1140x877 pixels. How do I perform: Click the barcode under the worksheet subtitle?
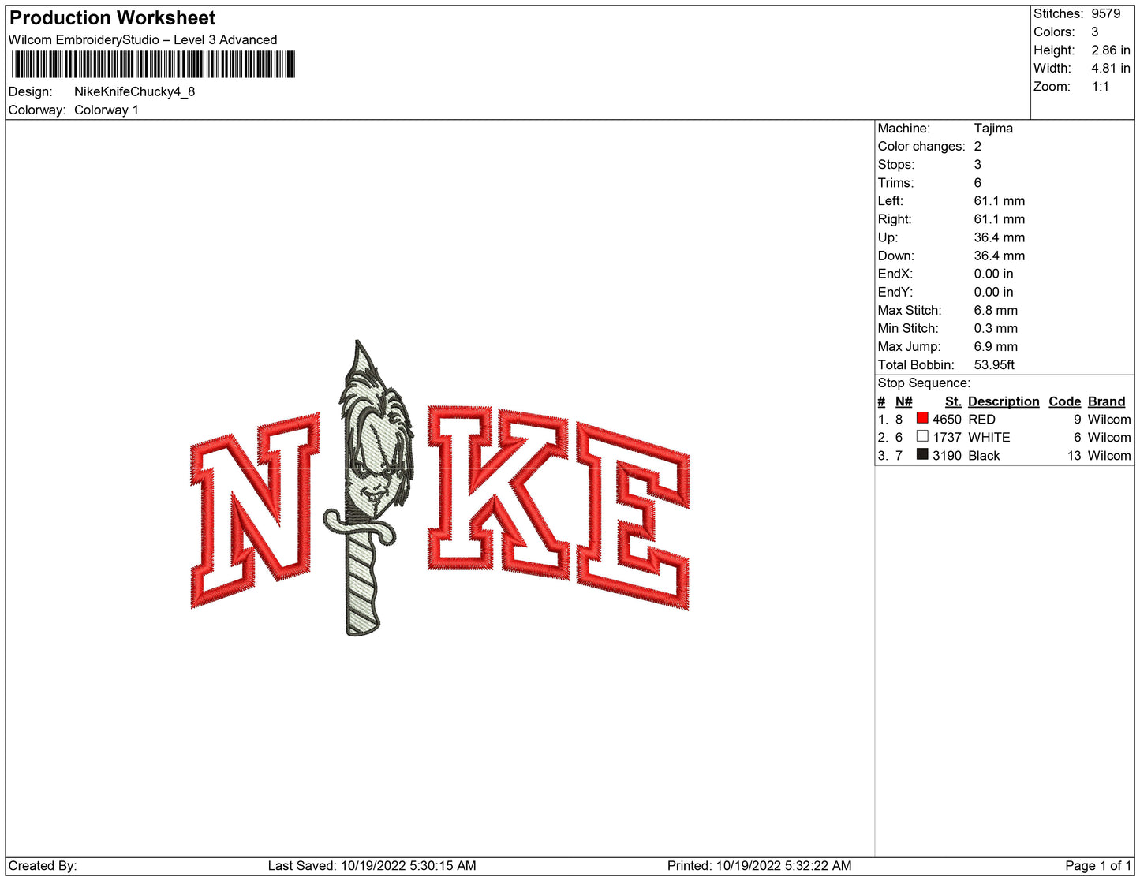click(153, 65)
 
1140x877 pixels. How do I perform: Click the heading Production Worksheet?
click(112, 18)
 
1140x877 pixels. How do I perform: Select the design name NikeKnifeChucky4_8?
click(134, 91)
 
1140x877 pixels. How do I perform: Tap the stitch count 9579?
click(1105, 13)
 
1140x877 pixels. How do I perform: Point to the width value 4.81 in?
click(1110, 68)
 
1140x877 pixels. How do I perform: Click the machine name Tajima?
click(993, 129)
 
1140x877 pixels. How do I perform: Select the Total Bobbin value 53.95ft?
click(993, 365)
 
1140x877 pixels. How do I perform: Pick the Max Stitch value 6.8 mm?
click(995, 310)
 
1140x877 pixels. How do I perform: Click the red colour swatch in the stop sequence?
click(921, 418)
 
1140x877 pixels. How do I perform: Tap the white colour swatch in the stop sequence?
click(921, 435)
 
